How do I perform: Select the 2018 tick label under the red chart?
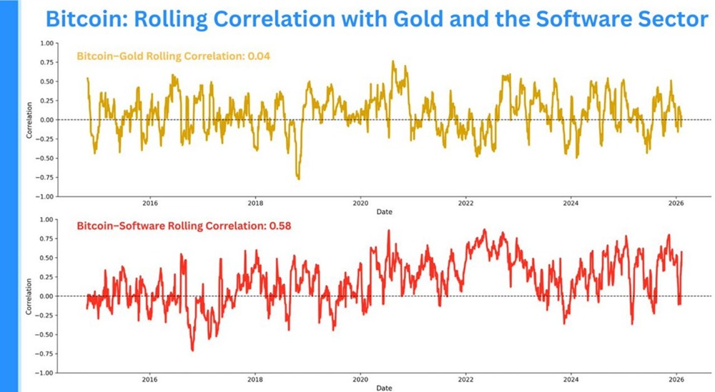[255, 380]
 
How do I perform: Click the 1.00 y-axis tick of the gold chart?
[46, 43]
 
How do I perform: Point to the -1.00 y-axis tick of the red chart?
[45, 373]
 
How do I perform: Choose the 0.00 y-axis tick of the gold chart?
[46, 119]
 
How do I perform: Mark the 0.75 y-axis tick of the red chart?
[46, 238]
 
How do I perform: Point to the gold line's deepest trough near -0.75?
[298, 179]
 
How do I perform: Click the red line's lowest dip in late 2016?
[192, 349]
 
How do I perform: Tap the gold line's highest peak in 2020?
[393, 62]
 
